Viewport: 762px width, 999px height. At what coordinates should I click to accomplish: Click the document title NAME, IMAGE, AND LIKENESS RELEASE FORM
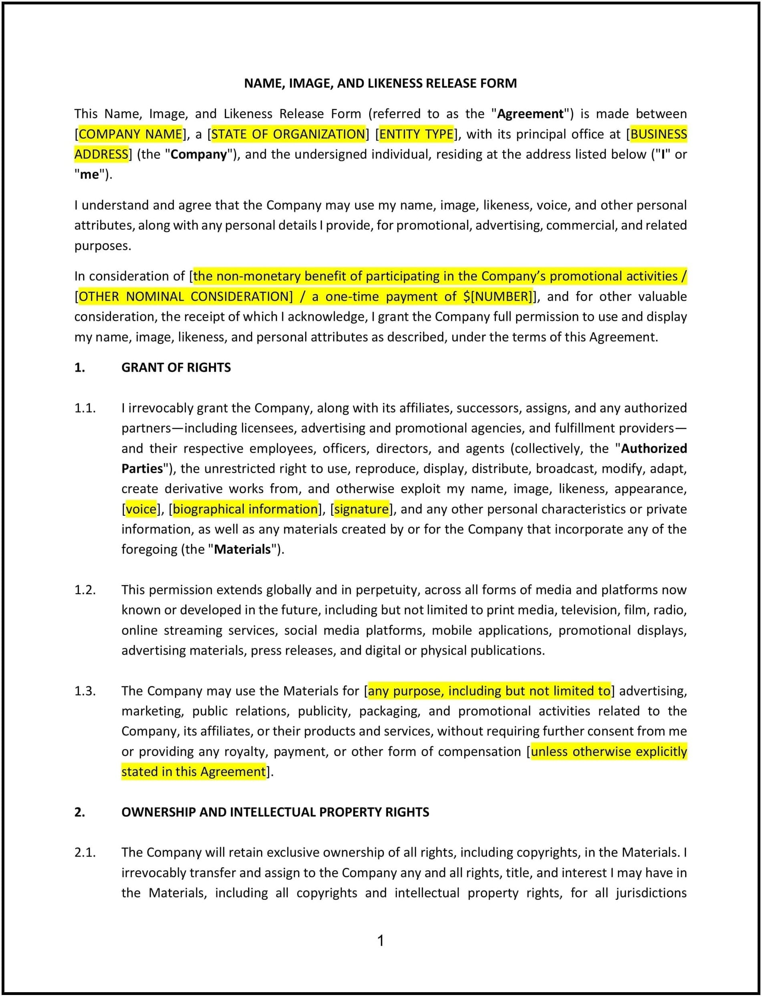tap(380, 83)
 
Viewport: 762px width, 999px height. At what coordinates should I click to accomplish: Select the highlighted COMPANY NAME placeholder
tap(131, 134)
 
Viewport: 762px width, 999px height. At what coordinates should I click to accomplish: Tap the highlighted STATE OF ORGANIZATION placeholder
tap(288, 134)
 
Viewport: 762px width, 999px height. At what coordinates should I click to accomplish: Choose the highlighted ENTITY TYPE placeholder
tap(416, 134)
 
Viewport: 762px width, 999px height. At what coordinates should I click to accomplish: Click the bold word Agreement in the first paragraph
tap(530, 114)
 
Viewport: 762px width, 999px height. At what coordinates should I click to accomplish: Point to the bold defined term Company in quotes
tap(199, 155)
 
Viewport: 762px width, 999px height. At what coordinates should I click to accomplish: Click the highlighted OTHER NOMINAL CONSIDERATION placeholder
tap(186, 296)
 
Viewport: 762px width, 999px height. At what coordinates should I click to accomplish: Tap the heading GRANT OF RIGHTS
tap(176, 368)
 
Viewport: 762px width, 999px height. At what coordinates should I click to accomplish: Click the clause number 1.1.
tap(85, 408)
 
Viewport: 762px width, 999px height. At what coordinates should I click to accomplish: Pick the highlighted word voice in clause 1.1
tap(141, 509)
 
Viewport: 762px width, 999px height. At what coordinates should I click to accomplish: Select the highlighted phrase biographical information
tap(245, 509)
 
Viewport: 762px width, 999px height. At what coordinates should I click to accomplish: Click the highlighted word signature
tap(362, 509)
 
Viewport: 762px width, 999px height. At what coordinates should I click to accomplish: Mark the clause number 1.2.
tap(85, 589)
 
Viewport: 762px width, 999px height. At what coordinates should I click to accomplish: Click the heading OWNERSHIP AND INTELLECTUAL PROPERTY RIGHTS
tap(275, 812)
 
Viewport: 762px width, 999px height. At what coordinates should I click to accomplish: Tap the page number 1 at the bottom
tap(380, 941)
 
